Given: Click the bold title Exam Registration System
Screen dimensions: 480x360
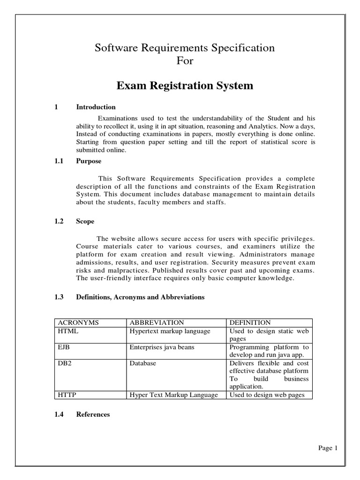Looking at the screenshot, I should coord(185,86).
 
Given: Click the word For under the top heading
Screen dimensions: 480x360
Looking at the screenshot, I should coord(185,61).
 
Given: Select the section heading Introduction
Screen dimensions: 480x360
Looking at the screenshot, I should coord(96,107).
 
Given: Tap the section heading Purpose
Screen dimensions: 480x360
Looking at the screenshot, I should coord(89,161).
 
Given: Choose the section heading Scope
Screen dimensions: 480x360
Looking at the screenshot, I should coord(85,222).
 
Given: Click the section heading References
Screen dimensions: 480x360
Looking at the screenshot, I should coord(93,414).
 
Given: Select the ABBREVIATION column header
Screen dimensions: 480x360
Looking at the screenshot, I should coord(157,322).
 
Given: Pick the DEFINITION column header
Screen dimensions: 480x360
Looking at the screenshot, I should coord(250,322).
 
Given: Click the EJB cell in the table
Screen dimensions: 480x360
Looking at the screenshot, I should coord(64,347).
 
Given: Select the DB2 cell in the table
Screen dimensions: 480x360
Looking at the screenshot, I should coord(65,363).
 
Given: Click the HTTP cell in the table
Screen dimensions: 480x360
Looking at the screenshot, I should coord(67,395).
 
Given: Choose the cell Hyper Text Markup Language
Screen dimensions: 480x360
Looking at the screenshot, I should coord(173,395).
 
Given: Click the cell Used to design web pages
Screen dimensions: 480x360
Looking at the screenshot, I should coord(267,395).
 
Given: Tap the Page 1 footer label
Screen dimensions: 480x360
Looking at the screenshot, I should coord(328,448).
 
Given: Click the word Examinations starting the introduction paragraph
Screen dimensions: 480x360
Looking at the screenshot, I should coord(120,118).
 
